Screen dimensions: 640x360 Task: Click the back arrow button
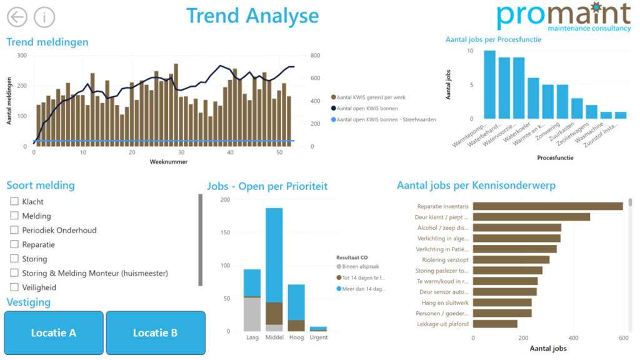click(17, 17)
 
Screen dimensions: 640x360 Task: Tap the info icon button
click(44, 17)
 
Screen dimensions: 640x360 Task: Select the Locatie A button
click(54, 332)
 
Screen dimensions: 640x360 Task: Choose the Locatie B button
click(156, 332)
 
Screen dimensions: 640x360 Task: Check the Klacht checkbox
click(14, 201)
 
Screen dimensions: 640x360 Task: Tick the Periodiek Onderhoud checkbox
click(14, 230)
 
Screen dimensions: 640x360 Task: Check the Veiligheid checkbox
click(14, 287)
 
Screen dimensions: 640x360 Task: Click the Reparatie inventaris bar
click(547, 206)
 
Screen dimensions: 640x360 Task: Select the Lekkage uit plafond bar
click(495, 324)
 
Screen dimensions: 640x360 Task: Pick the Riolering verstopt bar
click(511, 259)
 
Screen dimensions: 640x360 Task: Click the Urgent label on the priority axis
click(318, 337)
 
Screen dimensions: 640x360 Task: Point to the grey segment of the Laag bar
click(252, 314)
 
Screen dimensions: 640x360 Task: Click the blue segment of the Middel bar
click(274, 255)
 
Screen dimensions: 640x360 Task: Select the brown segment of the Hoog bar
click(296, 326)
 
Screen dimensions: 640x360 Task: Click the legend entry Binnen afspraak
click(358, 266)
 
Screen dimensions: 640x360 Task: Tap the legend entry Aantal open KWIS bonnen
click(364, 108)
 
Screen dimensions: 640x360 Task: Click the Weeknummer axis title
click(169, 162)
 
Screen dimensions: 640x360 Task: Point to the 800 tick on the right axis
click(315, 56)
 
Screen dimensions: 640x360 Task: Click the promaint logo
click(564, 17)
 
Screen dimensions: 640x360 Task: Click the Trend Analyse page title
click(252, 16)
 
